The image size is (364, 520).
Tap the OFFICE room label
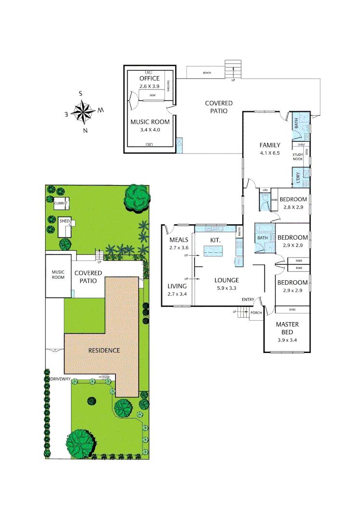click(x=149, y=78)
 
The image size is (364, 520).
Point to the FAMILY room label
click(x=270, y=145)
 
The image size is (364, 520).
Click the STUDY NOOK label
click(x=299, y=156)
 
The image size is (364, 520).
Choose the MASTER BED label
click(x=287, y=328)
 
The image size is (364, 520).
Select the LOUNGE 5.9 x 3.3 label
click(x=227, y=284)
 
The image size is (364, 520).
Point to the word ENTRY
click(x=248, y=300)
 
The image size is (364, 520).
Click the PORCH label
click(x=256, y=312)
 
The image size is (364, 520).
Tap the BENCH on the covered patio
click(x=207, y=73)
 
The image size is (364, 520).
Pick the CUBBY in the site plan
click(x=60, y=204)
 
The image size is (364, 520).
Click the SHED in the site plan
click(x=64, y=221)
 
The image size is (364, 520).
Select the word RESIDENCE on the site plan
click(x=104, y=350)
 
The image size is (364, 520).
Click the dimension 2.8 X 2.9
click(x=293, y=207)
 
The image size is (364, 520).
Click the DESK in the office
click(x=153, y=95)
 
